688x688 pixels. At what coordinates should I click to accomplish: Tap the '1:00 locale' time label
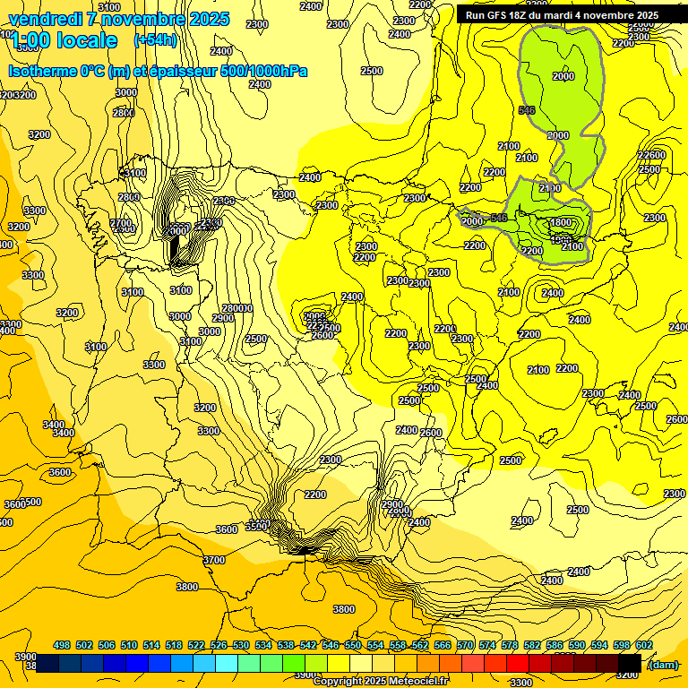point(64,40)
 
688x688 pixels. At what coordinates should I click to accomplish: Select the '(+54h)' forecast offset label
point(155,40)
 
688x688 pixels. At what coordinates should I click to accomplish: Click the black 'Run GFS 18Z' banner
point(562,14)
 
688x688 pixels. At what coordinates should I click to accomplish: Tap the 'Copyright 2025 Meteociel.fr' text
point(382,681)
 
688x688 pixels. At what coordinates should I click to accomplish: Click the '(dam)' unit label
point(662,664)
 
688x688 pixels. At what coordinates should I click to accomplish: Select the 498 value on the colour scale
point(62,645)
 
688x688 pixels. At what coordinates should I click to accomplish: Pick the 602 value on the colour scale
point(643,645)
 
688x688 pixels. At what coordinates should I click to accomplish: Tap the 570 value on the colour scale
point(465,645)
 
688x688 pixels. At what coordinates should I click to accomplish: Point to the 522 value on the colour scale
point(196,645)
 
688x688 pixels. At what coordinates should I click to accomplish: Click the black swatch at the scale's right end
point(630,663)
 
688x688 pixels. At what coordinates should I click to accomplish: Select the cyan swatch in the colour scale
point(227,663)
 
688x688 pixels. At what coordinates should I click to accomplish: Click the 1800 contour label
point(560,222)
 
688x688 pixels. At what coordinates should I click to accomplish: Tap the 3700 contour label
point(213,560)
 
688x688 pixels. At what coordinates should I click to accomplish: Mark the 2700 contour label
point(120,223)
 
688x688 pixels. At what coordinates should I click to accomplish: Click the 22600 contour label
point(651,155)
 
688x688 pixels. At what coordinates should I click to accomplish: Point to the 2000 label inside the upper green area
point(563,77)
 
